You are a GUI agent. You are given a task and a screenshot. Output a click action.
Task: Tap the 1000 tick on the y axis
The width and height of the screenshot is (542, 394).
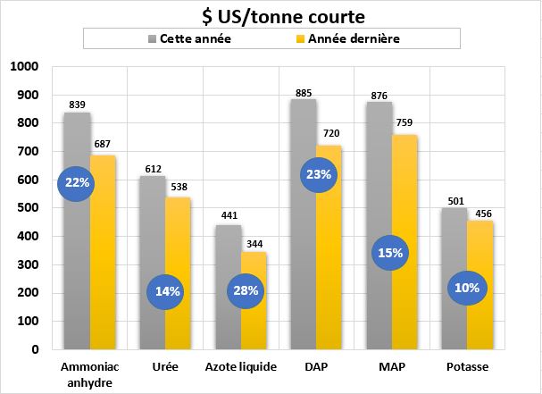tap(23, 67)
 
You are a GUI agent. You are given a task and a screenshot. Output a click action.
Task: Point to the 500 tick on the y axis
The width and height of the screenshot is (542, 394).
tap(27, 208)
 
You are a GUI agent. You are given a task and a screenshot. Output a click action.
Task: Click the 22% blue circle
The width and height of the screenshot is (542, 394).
tap(78, 183)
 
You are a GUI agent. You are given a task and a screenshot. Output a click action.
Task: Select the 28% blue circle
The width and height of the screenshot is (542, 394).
tap(246, 290)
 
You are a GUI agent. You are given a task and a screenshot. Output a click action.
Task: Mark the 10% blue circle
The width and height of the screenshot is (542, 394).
tap(466, 288)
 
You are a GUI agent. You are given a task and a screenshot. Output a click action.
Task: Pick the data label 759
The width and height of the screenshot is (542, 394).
tap(407, 124)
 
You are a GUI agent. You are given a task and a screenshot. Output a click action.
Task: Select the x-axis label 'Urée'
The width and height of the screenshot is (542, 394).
tap(165, 367)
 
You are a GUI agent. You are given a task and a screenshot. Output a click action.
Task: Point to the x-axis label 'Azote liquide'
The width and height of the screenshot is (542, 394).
tap(241, 367)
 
